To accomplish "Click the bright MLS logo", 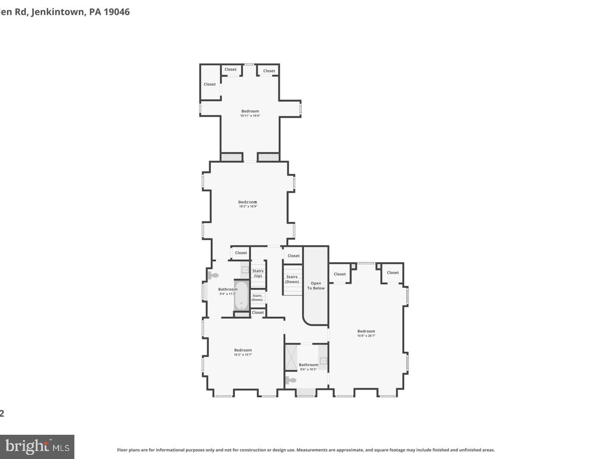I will (x=37, y=447).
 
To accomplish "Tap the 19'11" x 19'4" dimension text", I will (x=250, y=116).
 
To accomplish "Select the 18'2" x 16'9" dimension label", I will (x=248, y=207).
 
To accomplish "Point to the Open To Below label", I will (x=316, y=286).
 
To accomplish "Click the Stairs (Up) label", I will (x=258, y=273).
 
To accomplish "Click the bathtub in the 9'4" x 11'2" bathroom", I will (x=241, y=295).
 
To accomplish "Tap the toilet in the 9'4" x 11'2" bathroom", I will (x=213, y=275).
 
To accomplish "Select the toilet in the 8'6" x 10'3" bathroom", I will (x=291, y=380).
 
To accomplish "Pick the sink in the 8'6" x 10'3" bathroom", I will (x=323, y=361).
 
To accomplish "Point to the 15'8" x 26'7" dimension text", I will (x=366, y=336).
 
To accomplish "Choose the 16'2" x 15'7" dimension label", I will (x=243, y=355).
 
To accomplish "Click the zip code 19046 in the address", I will (x=116, y=12).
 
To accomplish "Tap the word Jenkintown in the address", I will (x=58, y=12).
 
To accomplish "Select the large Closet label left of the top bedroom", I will (x=210, y=84).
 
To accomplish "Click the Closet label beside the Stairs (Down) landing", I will (x=294, y=256).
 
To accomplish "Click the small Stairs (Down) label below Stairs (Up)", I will (x=257, y=297).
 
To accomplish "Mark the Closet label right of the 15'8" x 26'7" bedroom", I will (x=393, y=273).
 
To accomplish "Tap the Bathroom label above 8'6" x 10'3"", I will (x=308, y=365).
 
